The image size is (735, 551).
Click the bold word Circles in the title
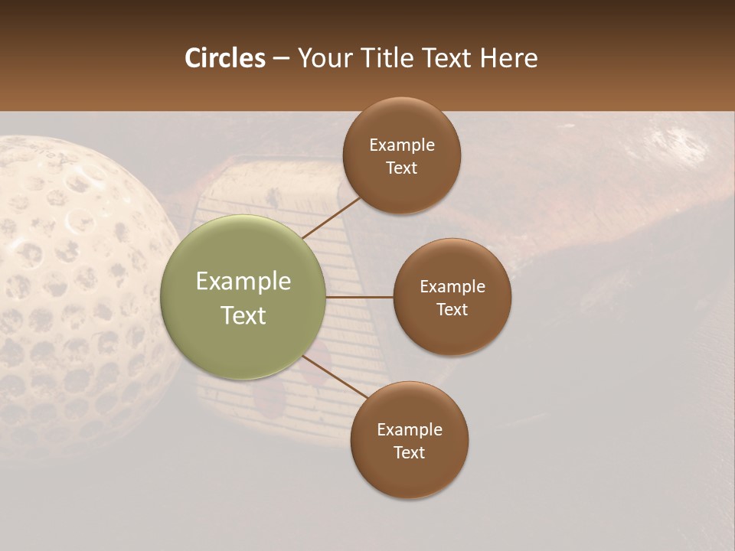(225, 58)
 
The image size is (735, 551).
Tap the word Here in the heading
(508, 58)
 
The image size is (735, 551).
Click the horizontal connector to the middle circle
(359, 296)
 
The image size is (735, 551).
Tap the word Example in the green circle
(243, 281)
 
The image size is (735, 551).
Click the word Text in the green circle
(243, 315)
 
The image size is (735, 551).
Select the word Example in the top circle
(402, 145)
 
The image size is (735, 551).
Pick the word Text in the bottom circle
(409, 452)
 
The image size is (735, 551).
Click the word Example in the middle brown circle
(452, 286)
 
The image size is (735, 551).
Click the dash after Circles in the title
(281, 59)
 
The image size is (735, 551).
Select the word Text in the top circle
(401, 168)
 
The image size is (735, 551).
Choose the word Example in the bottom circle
(410, 429)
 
